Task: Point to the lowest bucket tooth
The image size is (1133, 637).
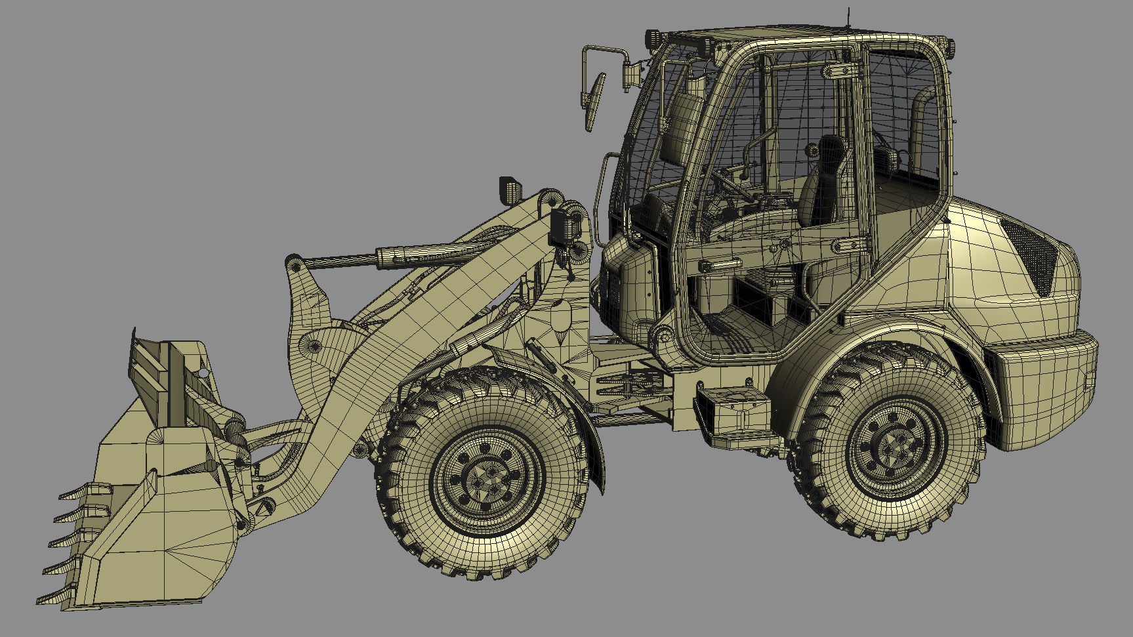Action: [x=52, y=597]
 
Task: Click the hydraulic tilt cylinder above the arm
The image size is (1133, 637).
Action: [x=420, y=254]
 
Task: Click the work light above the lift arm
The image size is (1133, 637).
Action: [x=510, y=190]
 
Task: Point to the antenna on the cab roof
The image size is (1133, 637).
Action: [x=848, y=18]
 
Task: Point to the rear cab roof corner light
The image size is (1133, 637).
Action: [x=948, y=47]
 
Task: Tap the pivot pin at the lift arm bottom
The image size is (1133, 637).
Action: [x=265, y=506]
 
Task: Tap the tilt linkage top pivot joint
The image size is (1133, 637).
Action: [x=295, y=265]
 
